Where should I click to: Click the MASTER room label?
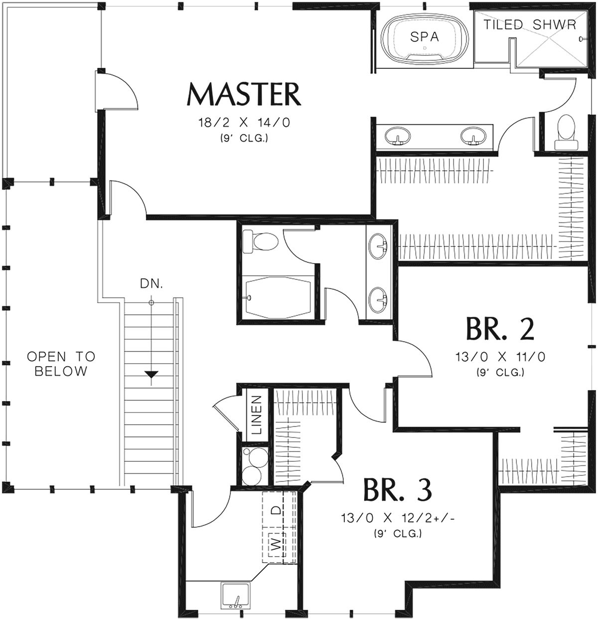click(x=244, y=94)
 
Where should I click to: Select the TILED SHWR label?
click(x=530, y=24)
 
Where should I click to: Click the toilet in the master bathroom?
click(x=566, y=132)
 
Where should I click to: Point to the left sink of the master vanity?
click(x=398, y=136)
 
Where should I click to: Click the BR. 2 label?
click(x=500, y=329)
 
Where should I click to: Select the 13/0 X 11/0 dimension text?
click(x=500, y=357)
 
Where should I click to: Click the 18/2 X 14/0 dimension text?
click(x=244, y=123)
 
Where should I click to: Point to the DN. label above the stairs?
click(x=151, y=284)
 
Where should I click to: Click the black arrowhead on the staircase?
click(x=151, y=374)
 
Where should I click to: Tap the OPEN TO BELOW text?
click(x=61, y=364)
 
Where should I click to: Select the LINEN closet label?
click(x=257, y=415)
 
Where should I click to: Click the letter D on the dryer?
click(x=277, y=510)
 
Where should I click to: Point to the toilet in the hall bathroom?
click(x=260, y=242)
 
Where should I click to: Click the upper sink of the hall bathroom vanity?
click(x=378, y=245)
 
